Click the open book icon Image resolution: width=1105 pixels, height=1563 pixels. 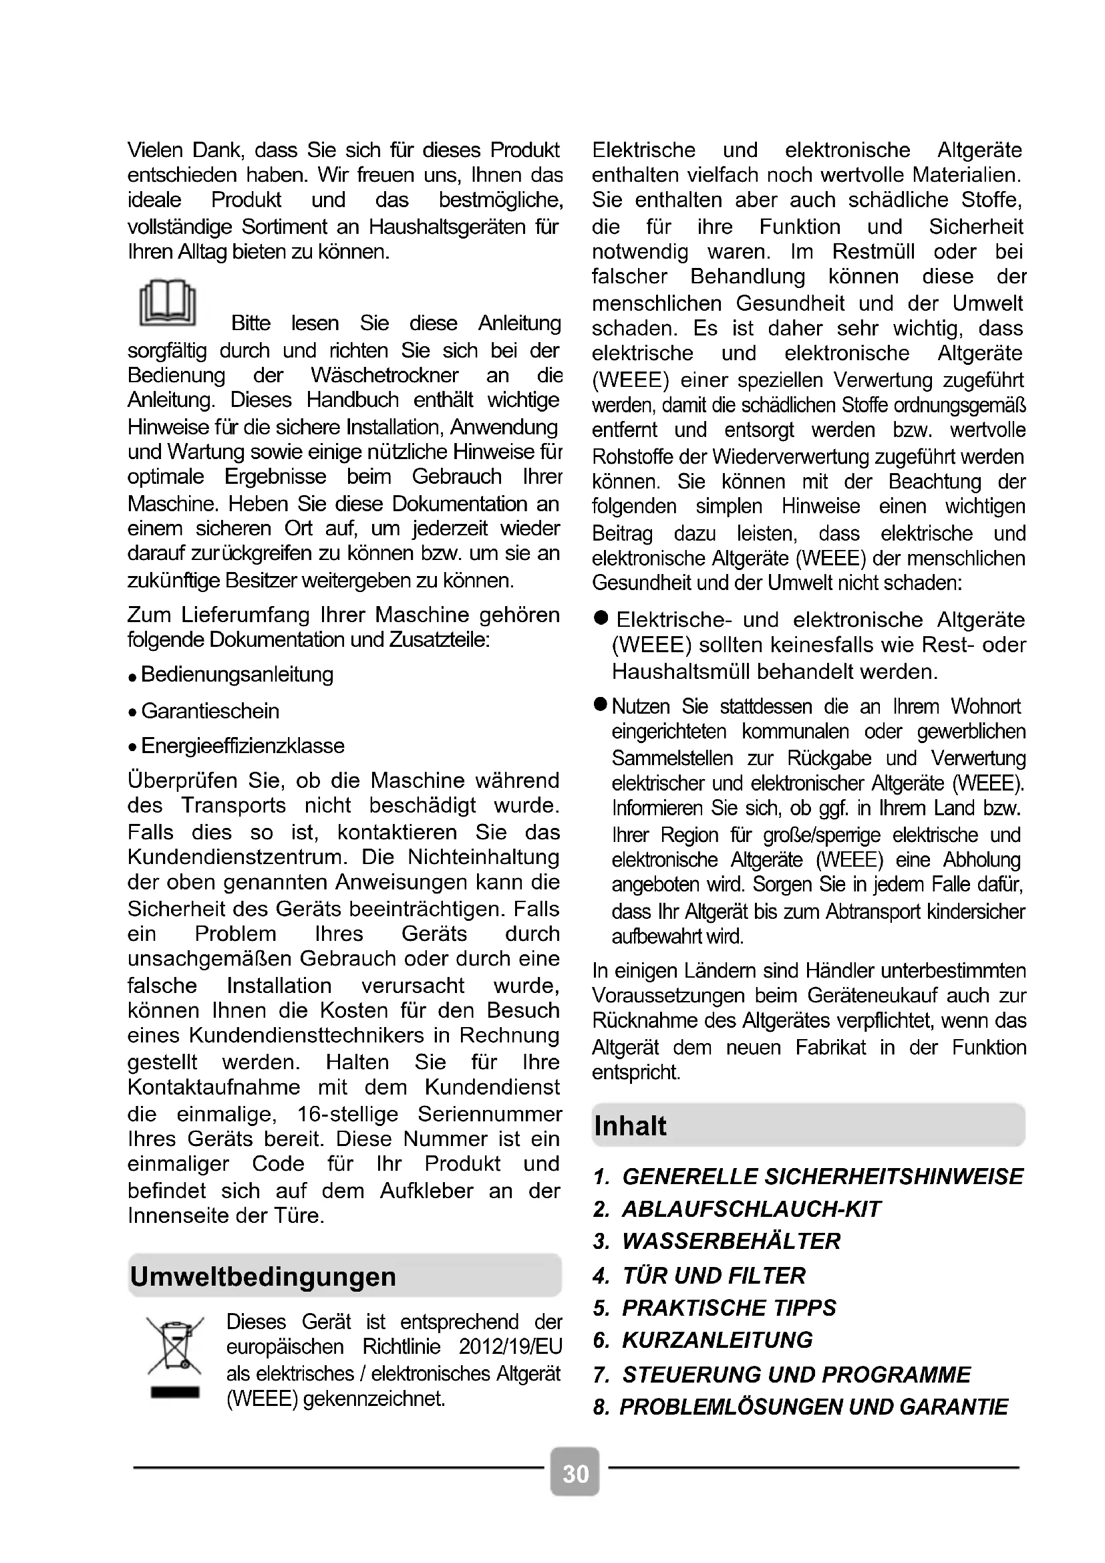click(x=168, y=302)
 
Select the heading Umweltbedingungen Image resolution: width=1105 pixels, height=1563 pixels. click(x=263, y=1276)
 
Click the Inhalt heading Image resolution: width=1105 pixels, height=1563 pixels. click(x=630, y=1126)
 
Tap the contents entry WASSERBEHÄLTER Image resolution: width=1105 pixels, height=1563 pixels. click(x=731, y=1241)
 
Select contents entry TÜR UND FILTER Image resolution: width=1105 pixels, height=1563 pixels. click(x=713, y=1275)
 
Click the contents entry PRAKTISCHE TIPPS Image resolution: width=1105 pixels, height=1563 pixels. click(x=729, y=1308)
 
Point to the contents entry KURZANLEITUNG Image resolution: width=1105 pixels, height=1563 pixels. click(x=717, y=1340)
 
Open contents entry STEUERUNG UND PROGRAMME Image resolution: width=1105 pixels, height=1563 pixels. click(x=796, y=1375)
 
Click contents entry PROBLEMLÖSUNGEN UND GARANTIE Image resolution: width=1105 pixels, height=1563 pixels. click(x=813, y=1407)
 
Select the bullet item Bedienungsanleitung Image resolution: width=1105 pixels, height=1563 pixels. click(x=236, y=675)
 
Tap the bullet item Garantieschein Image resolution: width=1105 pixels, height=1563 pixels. click(x=210, y=711)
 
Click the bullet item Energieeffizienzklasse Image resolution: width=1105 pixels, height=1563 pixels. click(x=243, y=746)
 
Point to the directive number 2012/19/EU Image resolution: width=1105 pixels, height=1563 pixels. click(x=510, y=1346)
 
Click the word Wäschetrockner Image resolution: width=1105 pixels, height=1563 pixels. click(x=384, y=375)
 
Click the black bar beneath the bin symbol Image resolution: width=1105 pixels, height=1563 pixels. click(x=175, y=1392)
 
